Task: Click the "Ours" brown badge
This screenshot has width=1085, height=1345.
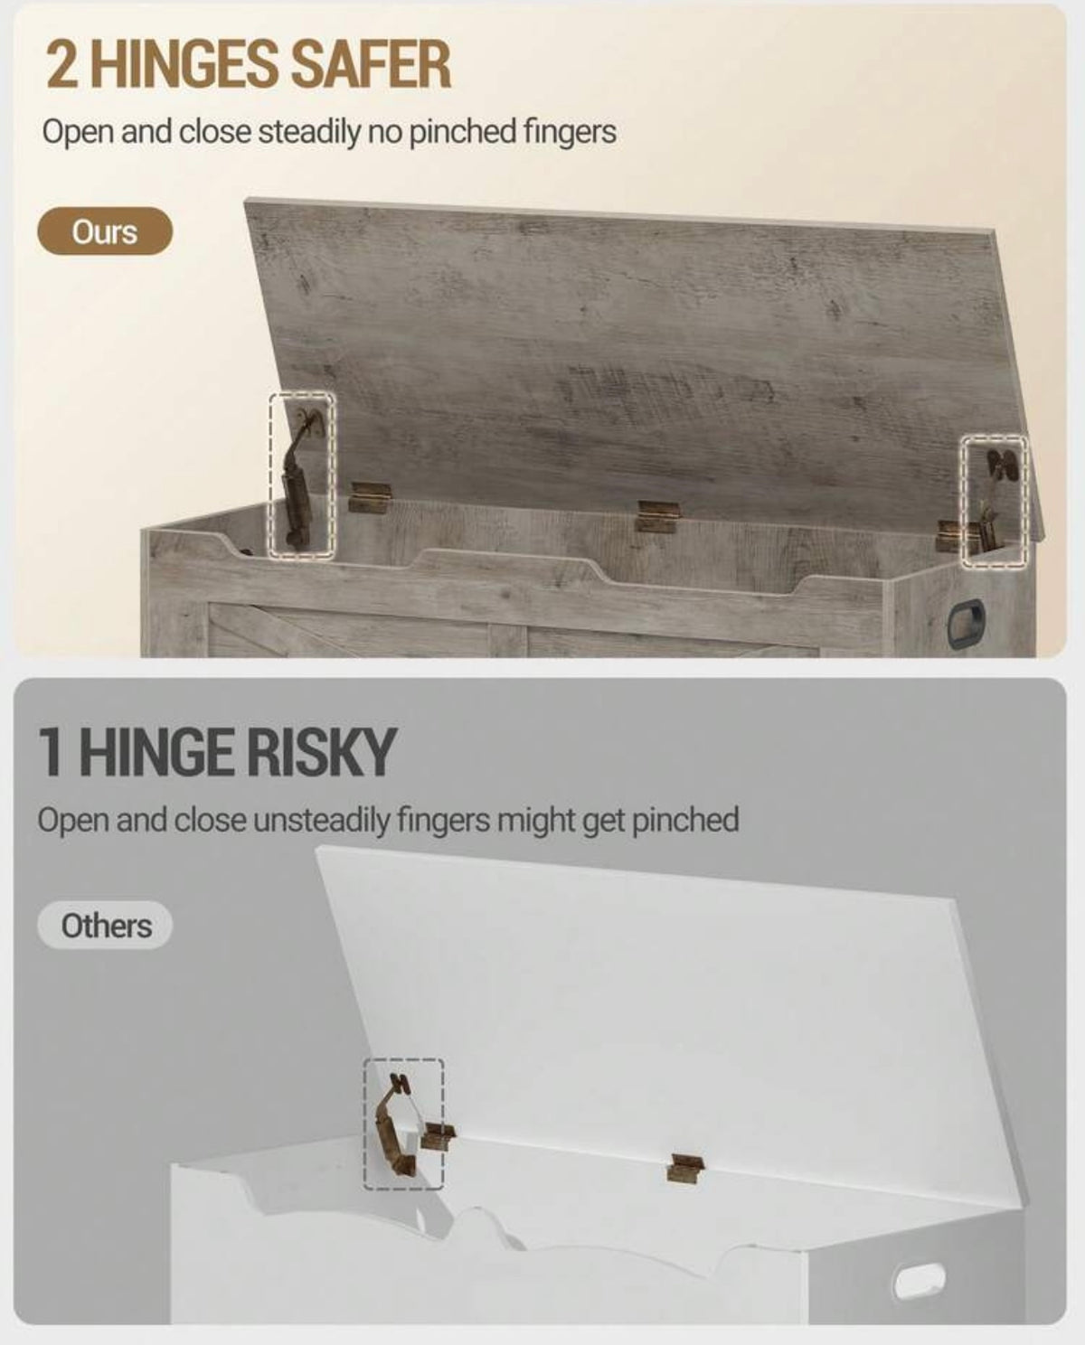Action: tap(105, 231)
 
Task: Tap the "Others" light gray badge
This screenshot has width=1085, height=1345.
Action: tap(105, 925)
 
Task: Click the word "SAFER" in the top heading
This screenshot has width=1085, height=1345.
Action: tap(373, 64)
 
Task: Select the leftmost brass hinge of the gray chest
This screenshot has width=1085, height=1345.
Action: tap(370, 498)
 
